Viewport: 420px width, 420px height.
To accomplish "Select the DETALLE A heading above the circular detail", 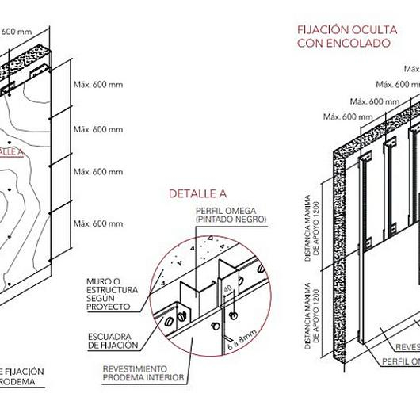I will tap(197, 193).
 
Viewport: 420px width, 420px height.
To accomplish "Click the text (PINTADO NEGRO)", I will tap(231, 219).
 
